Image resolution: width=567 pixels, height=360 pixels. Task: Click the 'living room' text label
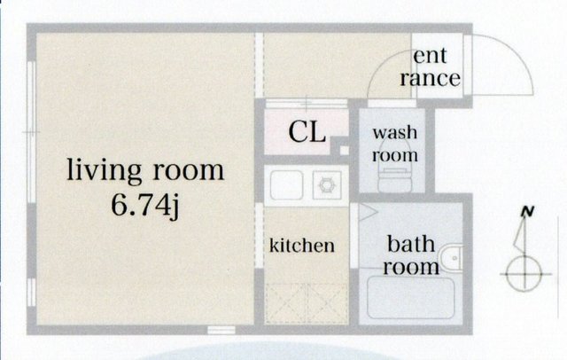point(145,171)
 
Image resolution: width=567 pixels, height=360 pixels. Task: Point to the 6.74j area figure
point(145,206)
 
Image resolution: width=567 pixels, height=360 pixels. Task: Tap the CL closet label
point(307,132)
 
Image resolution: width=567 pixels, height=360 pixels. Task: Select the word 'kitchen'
point(302,246)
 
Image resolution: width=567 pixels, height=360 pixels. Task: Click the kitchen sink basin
point(287,185)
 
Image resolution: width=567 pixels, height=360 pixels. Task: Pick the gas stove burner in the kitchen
point(327,185)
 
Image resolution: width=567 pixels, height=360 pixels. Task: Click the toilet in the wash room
point(394,175)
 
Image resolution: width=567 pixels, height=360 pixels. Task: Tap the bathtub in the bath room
point(410,298)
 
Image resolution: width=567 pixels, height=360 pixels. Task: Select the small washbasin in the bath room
point(452,258)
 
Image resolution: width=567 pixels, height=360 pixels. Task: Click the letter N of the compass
point(528,212)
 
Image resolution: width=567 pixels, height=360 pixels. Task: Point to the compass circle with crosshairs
point(524,274)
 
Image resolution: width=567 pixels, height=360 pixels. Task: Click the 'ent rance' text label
point(430,67)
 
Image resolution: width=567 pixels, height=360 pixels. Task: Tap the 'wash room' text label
point(395,144)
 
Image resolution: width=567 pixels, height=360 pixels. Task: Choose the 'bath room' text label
point(411,255)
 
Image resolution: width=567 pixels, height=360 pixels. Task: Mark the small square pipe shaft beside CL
point(345,150)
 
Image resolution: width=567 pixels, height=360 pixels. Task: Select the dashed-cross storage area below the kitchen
point(307,303)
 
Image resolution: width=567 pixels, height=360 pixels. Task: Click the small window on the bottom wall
point(221,330)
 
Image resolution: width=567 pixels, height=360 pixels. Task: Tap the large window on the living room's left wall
point(32,132)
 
